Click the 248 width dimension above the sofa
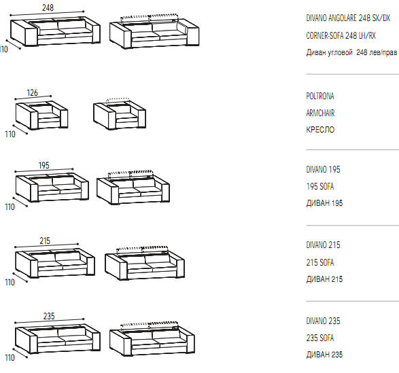[48, 7]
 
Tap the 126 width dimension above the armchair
[33, 92]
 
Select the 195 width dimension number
[44, 165]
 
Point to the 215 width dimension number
[45, 241]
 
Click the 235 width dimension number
[49, 316]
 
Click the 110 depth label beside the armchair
[10, 134]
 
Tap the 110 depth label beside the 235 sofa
[10, 358]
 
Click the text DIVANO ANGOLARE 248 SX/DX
[348, 18]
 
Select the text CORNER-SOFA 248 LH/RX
[341, 35]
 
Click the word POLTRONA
[320, 96]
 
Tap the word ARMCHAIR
[320, 113]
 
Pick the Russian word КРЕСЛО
[320, 130]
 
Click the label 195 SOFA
[320, 186]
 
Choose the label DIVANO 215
[323, 245]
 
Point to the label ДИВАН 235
[324, 355]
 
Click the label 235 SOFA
[320, 338]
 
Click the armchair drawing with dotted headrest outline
[120, 113]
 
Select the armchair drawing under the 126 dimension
[41, 115]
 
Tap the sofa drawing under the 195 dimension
[52, 188]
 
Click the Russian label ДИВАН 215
[324, 279]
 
